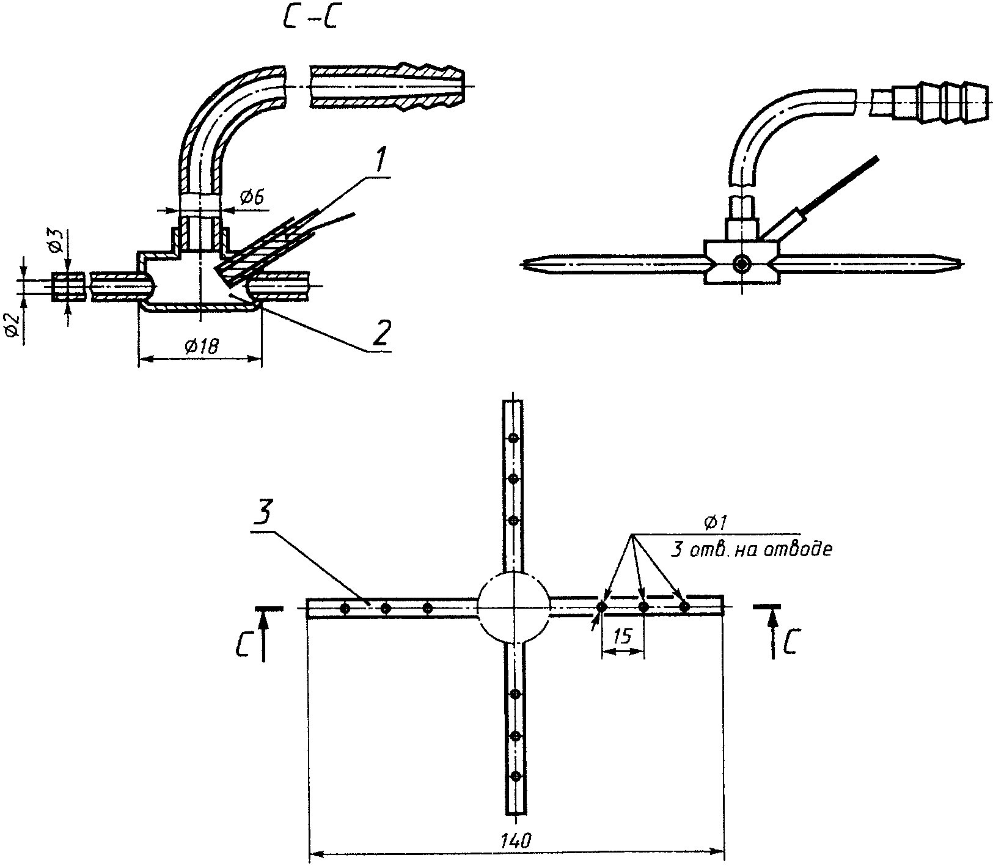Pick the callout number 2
coord(380,333)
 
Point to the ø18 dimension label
coord(200,347)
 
